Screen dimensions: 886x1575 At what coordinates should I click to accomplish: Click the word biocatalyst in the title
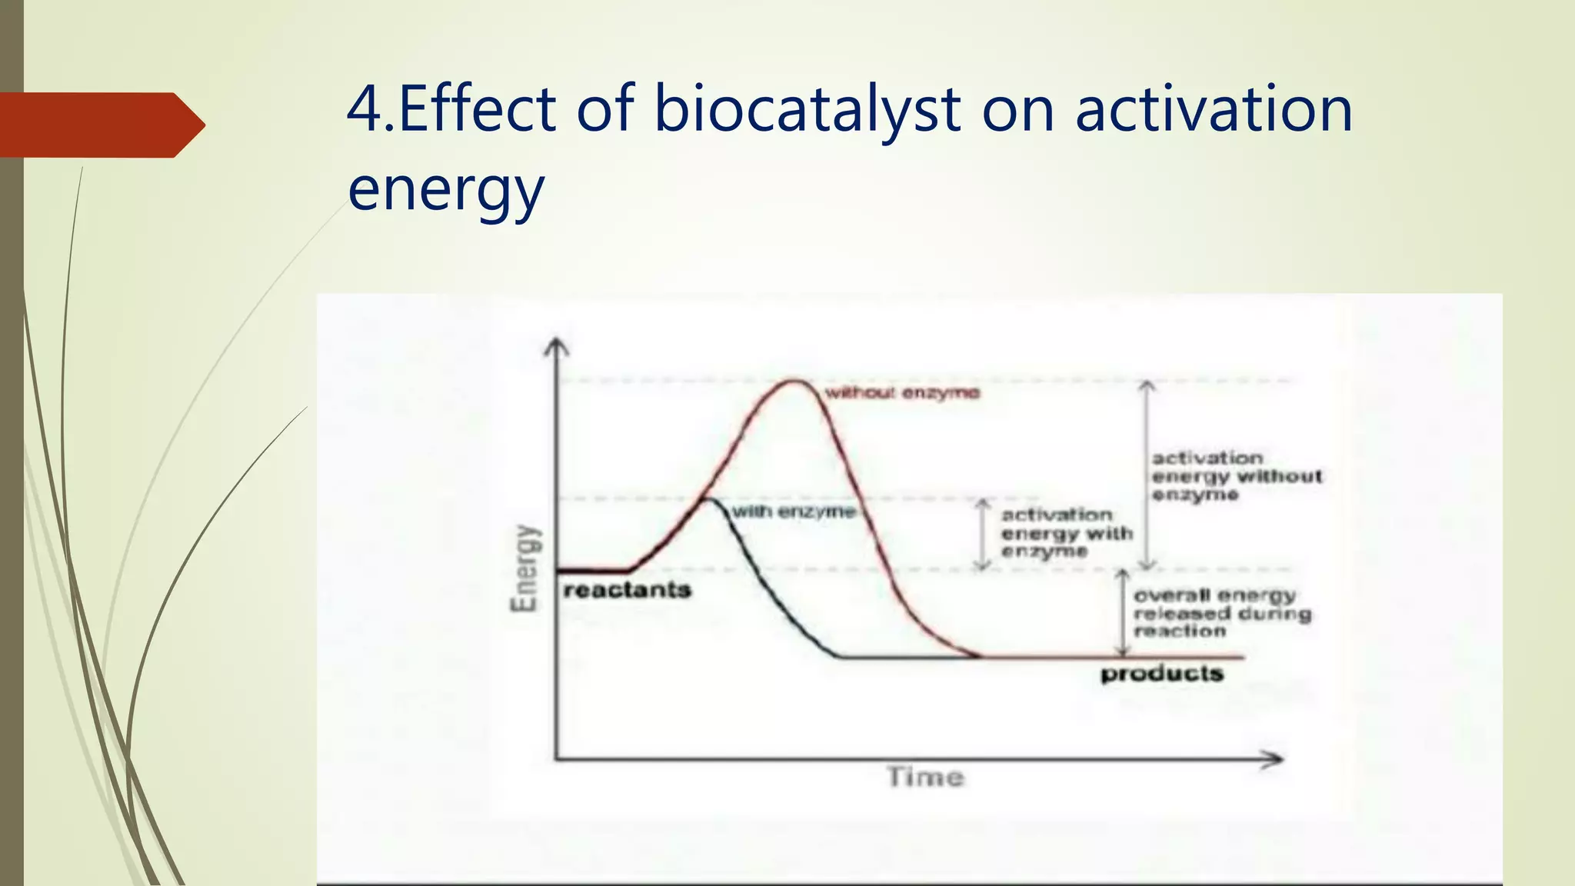807,109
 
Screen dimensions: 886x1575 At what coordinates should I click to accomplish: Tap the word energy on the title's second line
446,189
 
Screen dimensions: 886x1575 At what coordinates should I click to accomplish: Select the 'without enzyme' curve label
902,393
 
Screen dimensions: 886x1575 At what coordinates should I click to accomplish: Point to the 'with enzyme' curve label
793,511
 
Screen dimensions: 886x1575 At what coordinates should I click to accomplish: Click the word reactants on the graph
628,591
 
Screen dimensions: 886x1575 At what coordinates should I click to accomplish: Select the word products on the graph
1161,674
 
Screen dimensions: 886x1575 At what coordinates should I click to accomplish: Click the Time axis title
925,777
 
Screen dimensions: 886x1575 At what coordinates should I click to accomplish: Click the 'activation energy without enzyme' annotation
1236,476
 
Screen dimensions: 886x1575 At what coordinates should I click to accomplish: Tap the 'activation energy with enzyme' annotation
1067,533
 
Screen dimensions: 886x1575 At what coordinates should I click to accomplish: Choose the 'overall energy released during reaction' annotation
1222,613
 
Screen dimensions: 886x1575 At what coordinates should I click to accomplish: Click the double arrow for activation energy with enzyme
982,535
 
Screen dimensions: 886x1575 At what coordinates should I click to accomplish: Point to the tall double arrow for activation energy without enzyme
1147,475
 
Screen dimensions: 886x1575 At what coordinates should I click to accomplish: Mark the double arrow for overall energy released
1123,613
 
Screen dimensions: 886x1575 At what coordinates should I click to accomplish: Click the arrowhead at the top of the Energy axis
556,348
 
